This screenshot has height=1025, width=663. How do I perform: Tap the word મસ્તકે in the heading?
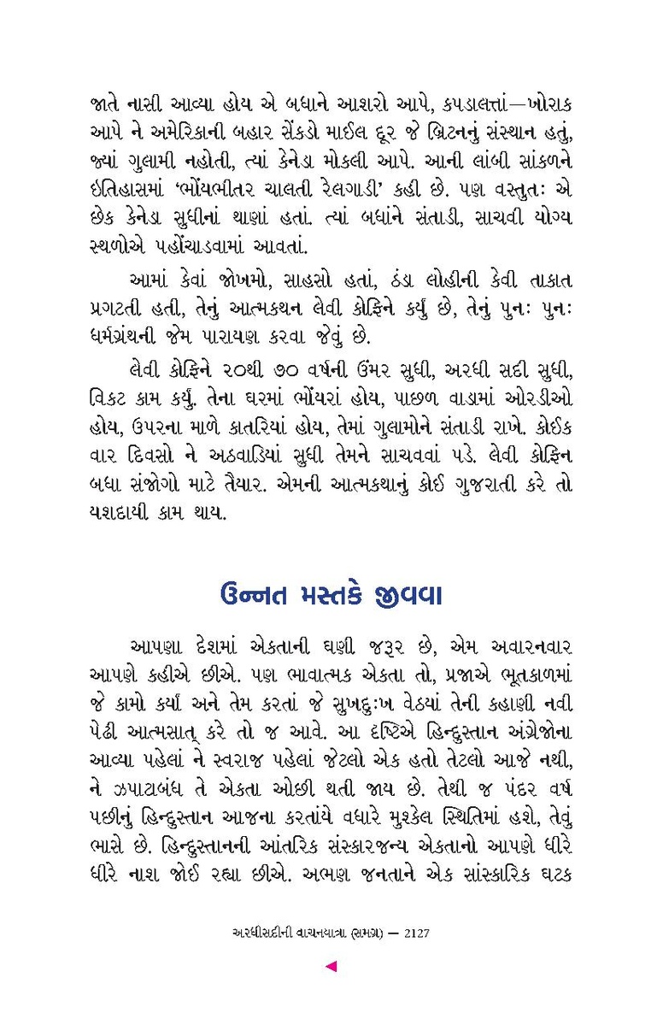[348, 592]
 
